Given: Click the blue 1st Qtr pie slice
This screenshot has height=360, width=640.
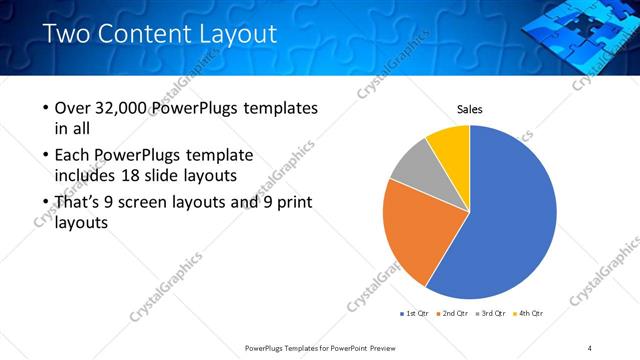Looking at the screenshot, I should pos(510,220).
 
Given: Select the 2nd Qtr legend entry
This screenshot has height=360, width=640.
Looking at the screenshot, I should pos(455,313).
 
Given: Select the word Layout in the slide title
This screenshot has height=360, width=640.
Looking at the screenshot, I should pos(235,34).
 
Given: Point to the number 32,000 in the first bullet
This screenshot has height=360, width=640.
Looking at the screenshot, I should pos(124,108).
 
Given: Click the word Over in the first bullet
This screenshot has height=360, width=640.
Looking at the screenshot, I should pos(75,108).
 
